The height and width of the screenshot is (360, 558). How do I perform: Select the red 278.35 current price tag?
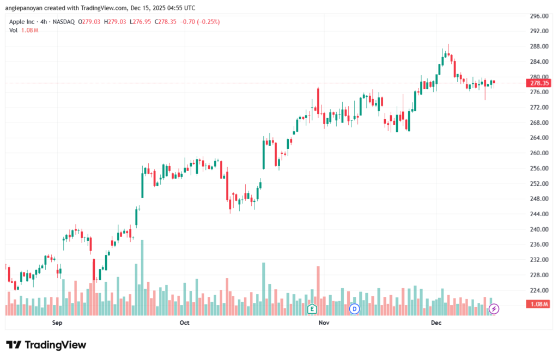tap(539, 83)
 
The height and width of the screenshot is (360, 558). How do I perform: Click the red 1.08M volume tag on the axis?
tap(539, 304)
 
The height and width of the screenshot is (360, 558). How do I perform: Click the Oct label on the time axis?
tap(184, 323)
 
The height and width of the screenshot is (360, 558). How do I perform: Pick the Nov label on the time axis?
tap(324, 323)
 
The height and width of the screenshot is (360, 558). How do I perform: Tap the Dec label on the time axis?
tap(436, 323)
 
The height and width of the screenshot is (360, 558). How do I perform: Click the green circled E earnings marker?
tap(312, 309)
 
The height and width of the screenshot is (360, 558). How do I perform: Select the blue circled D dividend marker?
tap(355, 309)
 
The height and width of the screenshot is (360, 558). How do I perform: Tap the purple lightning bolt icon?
tap(494, 309)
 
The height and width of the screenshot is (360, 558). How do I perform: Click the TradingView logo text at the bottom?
tap(46, 345)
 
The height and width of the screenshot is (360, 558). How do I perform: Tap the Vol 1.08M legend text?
tap(23, 30)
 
